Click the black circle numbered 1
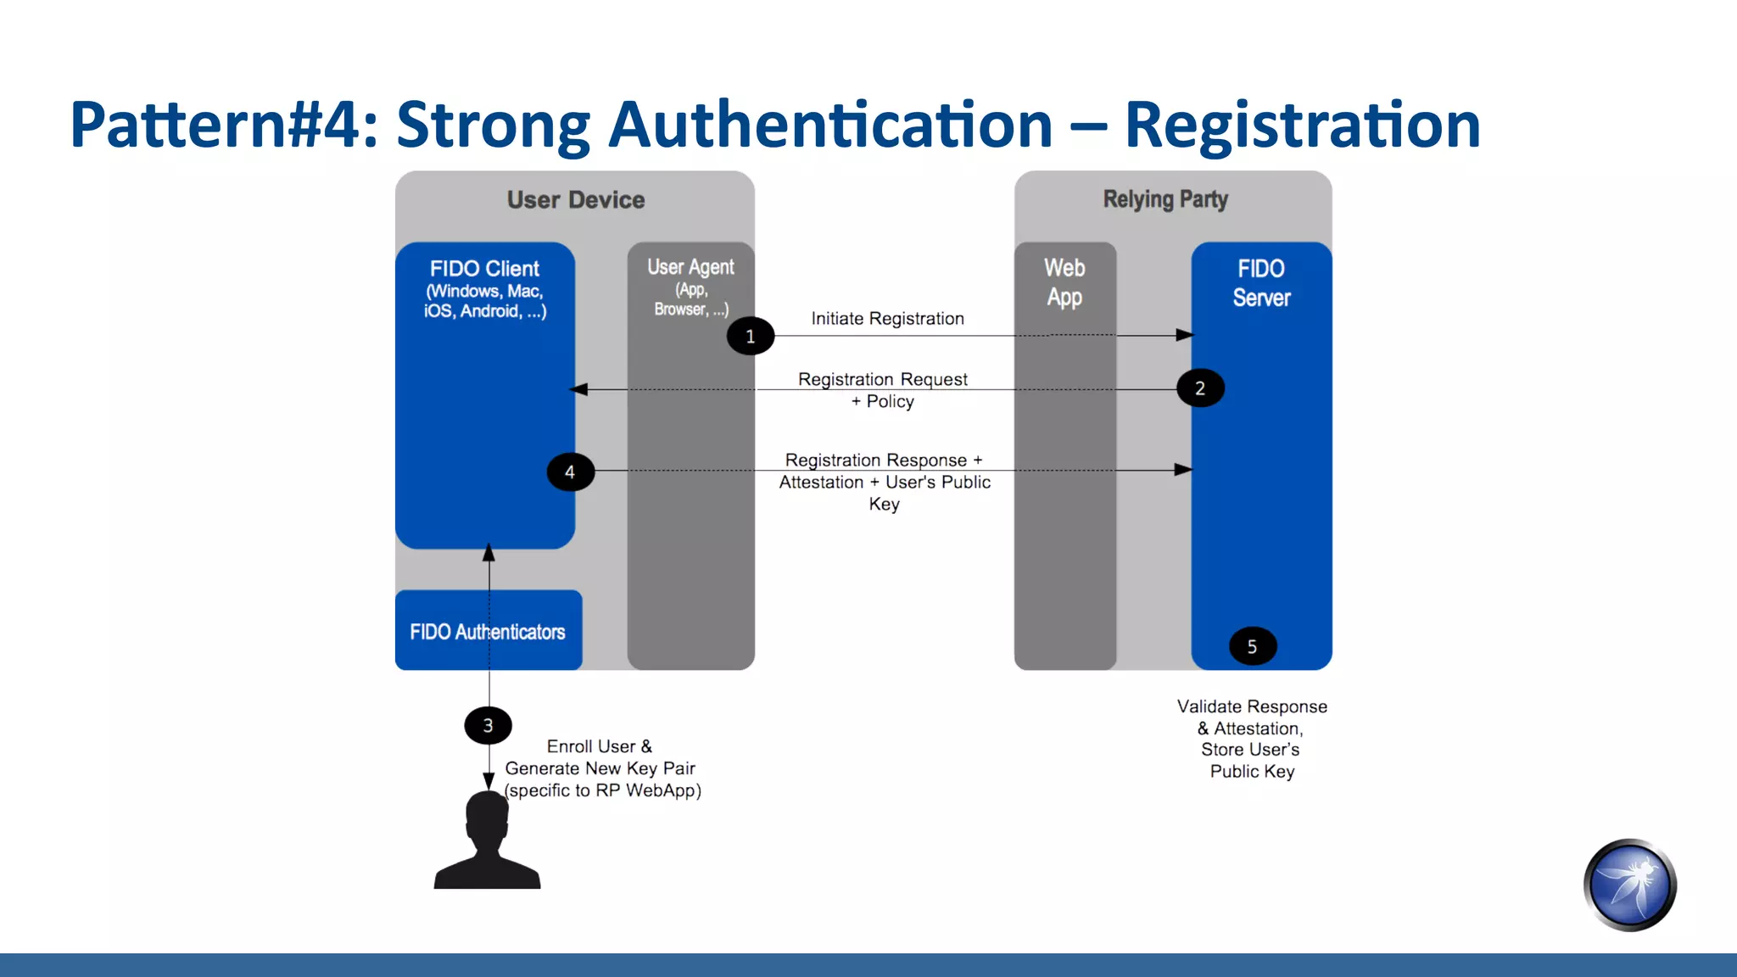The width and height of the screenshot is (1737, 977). click(750, 336)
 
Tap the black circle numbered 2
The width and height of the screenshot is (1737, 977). click(1200, 388)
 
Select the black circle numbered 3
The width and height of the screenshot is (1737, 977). click(488, 725)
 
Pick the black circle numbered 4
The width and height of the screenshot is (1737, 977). click(570, 472)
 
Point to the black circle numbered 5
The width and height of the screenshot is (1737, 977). click(1252, 647)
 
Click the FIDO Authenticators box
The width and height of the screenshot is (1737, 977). click(488, 631)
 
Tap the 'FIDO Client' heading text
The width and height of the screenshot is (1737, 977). click(484, 269)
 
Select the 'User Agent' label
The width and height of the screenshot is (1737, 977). click(690, 267)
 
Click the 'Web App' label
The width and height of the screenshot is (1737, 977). click(1064, 282)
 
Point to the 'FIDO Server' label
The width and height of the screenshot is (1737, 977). click(1261, 283)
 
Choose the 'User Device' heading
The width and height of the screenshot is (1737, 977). click(576, 200)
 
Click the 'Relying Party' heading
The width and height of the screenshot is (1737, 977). click(1165, 199)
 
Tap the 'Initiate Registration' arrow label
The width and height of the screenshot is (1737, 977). click(887, 319)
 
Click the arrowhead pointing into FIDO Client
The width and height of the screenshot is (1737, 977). click(579, 389)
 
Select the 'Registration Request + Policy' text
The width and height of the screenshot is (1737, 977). click(882, 390)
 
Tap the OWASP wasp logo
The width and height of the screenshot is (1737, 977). click(1629, 885)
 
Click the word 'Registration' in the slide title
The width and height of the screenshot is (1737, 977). click(1302, 126)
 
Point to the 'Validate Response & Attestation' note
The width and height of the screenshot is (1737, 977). click(1252, 717)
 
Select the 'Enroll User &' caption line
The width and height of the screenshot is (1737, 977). click(600, 746)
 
